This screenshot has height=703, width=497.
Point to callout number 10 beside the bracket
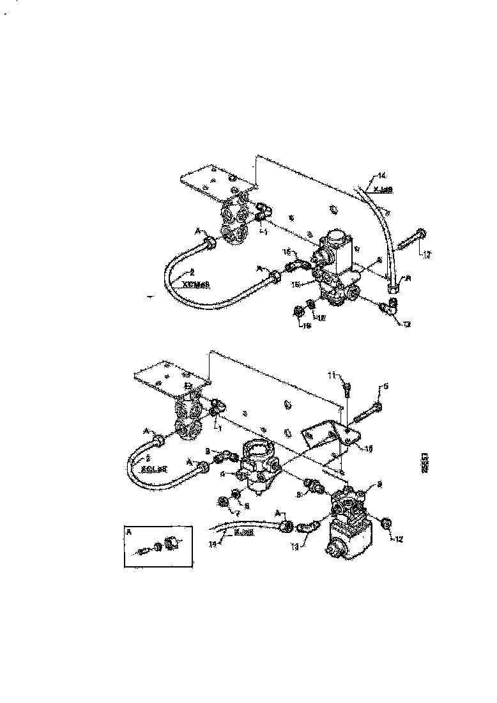coord(369,448)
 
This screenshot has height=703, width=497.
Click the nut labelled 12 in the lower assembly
coord(385,523)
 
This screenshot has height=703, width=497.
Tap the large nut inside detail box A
coord(171,544)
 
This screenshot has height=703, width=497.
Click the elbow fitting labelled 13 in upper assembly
coord(388,309)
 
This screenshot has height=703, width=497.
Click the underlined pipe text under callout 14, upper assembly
coord(382,190)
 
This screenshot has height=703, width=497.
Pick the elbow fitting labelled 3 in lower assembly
coord(226,456)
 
